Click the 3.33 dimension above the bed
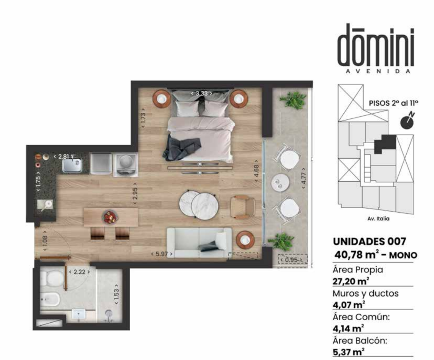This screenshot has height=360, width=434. tap(201, 93)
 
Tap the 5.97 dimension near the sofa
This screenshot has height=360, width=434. tap(162, 254)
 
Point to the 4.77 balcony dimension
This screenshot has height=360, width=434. tap(304, 178)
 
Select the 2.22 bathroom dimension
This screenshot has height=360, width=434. tap(79, 272)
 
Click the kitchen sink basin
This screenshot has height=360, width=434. tap(72, 165)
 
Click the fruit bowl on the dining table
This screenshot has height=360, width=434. tap(111, 217)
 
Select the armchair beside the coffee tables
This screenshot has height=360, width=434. tap(243, 207)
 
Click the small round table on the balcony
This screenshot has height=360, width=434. tap(280, 183)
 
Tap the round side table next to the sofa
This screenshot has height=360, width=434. tap(245, 240)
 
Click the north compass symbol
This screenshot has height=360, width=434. tap(408, 121)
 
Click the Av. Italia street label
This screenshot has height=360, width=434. tap(378, 219)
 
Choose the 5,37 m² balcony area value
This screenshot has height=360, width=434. tap(349, 352)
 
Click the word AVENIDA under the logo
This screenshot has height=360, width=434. tap(378, 71)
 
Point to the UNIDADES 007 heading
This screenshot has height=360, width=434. tap(369, 242)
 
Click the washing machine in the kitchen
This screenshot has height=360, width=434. tap(126, 165)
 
